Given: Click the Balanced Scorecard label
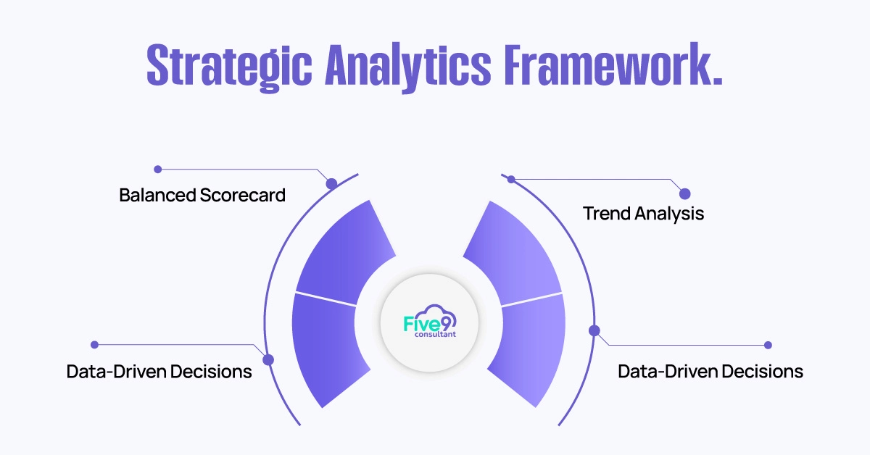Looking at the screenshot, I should tap(202, 195).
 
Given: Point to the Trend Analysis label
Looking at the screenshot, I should tap(643, 214).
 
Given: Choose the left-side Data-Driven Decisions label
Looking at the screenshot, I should tap(159, 372).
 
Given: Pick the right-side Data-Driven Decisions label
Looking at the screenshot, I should tap(710, 372).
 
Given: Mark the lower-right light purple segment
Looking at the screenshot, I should tap(529, 348).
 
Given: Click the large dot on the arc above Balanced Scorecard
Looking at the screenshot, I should tap(331, 184).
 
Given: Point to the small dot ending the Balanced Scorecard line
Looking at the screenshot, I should tap(157, 170).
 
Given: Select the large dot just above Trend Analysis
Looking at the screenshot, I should tap(684, 193).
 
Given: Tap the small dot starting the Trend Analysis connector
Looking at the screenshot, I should tap(511, 179).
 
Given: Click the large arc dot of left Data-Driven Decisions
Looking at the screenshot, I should tap(268, 359).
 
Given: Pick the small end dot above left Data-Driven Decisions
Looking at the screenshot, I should tap(94, 345).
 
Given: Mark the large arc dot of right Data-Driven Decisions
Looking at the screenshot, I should tap(594, 330).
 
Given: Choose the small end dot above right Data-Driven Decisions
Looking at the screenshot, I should tap(768, 345).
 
